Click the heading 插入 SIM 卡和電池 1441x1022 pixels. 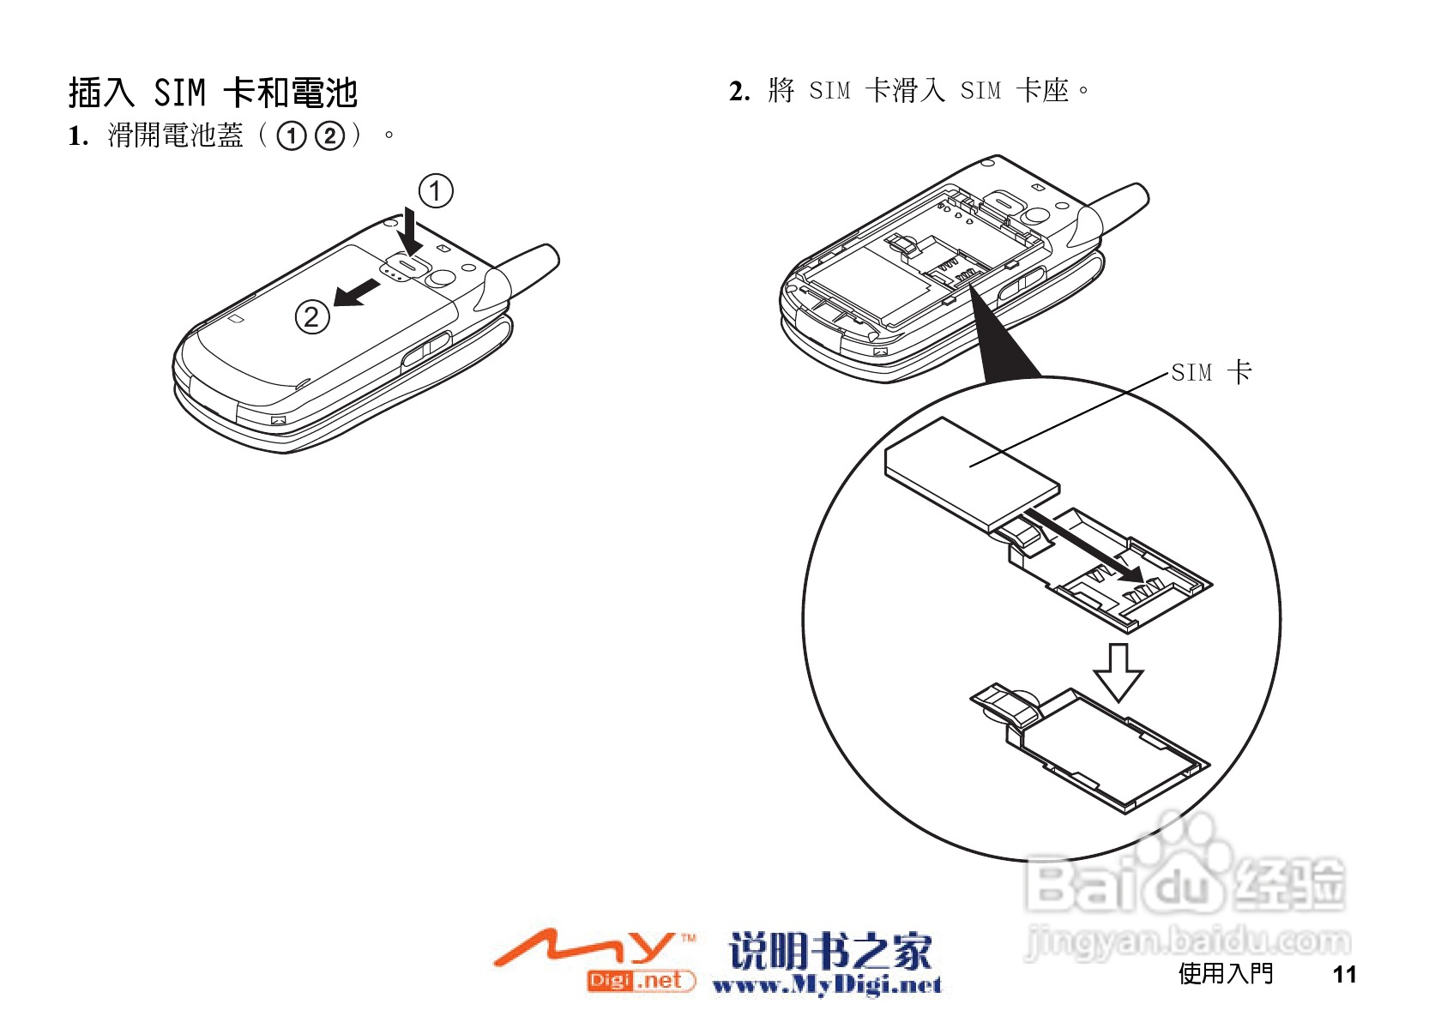[x=212, y=93]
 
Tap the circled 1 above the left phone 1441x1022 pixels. [x=435, y=190]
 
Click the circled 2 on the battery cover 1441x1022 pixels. [x=311, y=317]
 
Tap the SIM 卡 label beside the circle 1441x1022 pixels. [x=1211, y=372]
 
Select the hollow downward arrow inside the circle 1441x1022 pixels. [x=1118, y=671]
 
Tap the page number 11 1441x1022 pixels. [x=1344, y=974]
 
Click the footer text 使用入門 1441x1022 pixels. [x=1225, y=973]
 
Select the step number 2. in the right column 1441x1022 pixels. [x=739, y=91]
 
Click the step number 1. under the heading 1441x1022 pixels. [x=78, y=135]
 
